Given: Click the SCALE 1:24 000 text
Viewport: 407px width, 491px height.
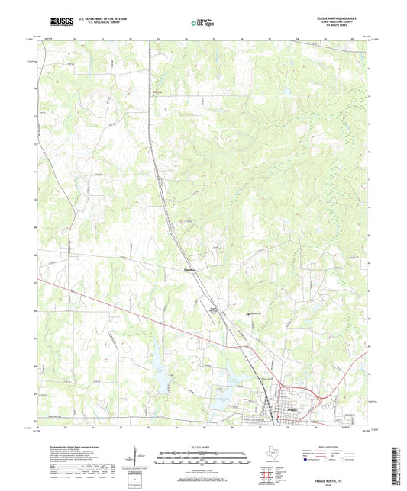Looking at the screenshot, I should [203, 447].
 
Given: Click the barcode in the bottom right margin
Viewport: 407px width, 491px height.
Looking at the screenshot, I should [397, 465].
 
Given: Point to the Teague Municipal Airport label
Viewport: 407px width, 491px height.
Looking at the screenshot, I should [215, 309].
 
